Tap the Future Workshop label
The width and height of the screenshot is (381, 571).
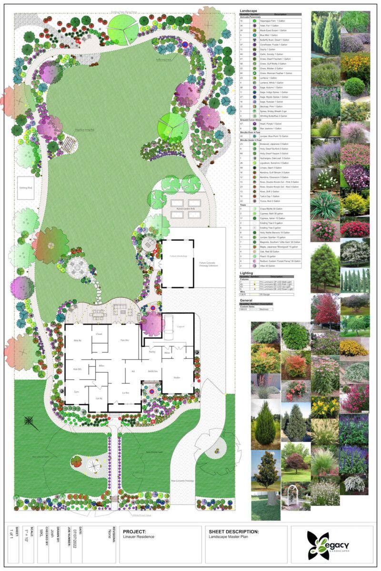177,256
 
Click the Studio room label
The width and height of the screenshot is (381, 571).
177,377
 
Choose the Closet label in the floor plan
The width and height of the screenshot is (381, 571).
99,334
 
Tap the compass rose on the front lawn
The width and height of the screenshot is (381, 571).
31,421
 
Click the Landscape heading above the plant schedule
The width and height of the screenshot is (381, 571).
249,10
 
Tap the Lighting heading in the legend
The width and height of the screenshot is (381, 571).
247,273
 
